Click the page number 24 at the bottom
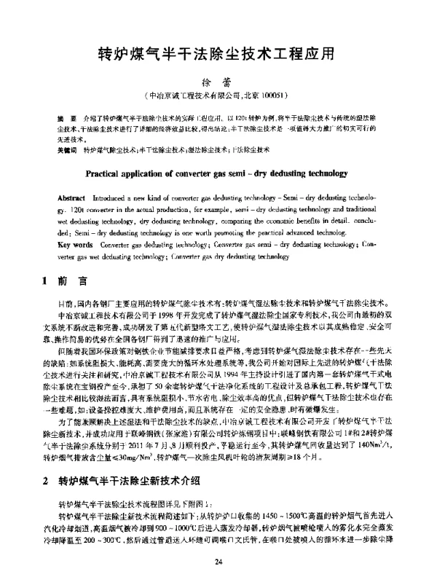coord(218,561)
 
